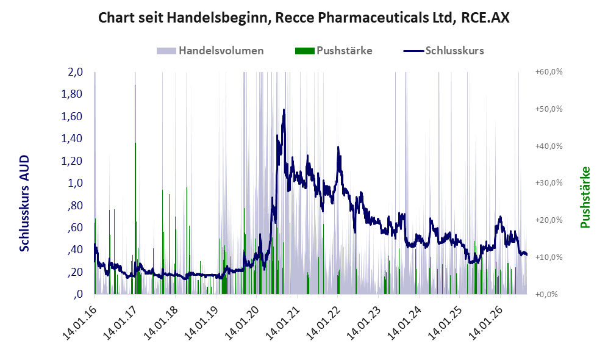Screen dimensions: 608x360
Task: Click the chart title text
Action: tap(304, 18)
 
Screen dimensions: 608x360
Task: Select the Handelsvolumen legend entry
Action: tap(210, 51)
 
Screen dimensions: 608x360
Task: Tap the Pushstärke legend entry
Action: tap(334, 51)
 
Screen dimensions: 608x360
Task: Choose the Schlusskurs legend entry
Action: tap(443, 51)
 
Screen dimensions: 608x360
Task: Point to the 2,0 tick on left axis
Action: tap(76, 72)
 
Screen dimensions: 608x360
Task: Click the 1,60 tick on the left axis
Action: tap(72, 117)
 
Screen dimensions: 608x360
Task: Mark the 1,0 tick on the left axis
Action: tap(76, 183)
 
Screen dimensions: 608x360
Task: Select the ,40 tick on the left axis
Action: tap(75, 250)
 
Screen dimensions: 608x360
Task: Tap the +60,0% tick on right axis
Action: tap(549, 72)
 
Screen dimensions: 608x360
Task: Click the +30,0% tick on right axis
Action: tap(549, 183)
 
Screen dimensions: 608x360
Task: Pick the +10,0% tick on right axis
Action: tap(549, 257)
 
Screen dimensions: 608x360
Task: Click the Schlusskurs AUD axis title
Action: tap(24, 203)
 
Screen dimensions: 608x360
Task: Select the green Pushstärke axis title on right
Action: tap(585, 197)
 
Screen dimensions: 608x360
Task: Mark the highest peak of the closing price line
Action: tap(284, 110)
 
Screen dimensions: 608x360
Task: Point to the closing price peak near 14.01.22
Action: tap(338, 147)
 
